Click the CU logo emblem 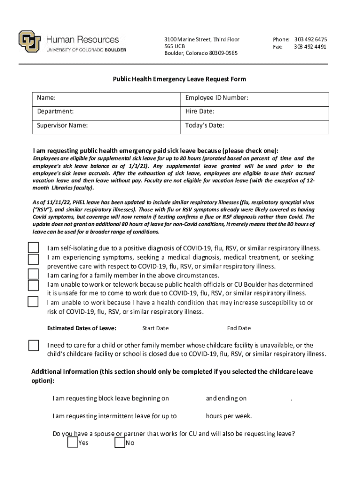pos(29,42)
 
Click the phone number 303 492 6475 pos(310,39)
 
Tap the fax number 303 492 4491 pos(310,47)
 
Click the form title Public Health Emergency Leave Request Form pos(180,80)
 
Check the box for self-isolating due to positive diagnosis pos(33,247)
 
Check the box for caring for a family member pos(33,274)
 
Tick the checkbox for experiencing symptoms pos(33,259)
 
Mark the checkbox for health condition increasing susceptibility pos(33,301)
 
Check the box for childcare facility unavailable pos(34,345)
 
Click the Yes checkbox pos(72,442)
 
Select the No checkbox pos(120,442)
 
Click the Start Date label pos(155,328)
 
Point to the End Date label pos(238,328)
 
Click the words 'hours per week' pos(229,416)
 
